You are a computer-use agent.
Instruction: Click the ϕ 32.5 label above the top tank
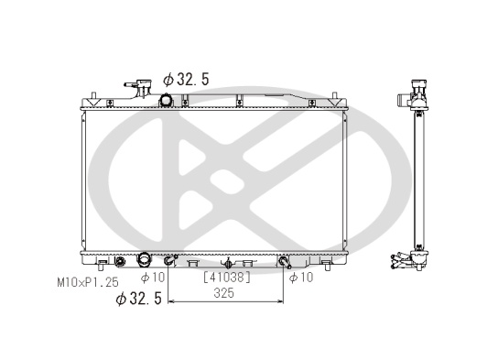(186, 80)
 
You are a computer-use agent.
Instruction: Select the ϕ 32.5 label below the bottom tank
(139, 299)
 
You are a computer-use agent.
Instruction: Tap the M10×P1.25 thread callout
(88, 282)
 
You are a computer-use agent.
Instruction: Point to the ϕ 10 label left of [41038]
(153, 278)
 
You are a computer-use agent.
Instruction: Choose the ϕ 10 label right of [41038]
(301, 278)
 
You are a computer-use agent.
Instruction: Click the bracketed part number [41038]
(227, 278)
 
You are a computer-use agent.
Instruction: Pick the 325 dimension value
(224, 293)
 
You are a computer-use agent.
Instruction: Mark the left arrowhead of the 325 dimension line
(171, 300)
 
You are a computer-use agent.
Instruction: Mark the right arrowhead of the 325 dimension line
(280, 300)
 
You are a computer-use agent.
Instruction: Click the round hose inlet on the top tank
(166, 101)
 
